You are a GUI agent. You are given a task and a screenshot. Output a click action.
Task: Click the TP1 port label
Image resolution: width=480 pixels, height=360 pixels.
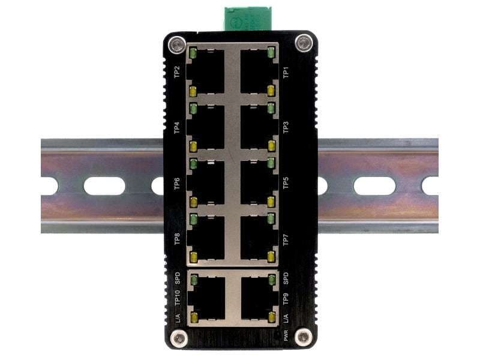pyautogui.click(x=286, y=73)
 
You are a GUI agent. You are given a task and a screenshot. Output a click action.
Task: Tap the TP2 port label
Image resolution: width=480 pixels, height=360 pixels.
pyautogui.click(x=176, y=73)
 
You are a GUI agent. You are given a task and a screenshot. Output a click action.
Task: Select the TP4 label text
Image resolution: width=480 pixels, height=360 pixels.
pyautogui.click(x=176, y=127)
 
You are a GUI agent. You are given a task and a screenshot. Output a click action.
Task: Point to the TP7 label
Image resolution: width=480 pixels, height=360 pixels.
pyautogui.click(x=286, y=239)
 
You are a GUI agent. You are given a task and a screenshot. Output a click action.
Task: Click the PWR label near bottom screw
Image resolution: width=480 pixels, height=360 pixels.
pyautogui.click(x=286, y=335)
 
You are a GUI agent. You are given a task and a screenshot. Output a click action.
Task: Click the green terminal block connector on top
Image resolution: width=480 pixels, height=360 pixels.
pyautogui.click(x=247, y=18)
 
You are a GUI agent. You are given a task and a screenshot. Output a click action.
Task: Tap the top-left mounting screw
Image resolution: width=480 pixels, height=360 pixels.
pyautogui.click(x=176, y=44)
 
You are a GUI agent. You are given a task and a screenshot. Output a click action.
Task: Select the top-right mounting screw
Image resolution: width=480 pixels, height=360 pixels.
pyautogui.click(x=303, y=43)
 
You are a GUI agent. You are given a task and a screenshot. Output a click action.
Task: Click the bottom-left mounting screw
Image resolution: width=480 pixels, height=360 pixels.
pyautogui.click(x=178, y=338)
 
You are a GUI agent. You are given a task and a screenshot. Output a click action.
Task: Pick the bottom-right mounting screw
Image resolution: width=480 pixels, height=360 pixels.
pyautogui.click(x=304, y=338)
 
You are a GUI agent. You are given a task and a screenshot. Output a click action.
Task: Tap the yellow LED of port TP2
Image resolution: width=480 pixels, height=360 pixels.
pyautogui.click(x=193, y=91)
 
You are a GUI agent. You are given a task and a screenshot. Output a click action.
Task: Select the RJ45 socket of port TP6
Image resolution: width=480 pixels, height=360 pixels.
pyautogui.click(x=207, y=182)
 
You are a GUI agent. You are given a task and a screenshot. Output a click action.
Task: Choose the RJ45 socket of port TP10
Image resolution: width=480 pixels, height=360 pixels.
pyautogui.click(x=207, y=298)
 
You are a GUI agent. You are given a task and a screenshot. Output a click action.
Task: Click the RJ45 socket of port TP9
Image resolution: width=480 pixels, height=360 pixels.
pyautogui.click(x=258, y=298)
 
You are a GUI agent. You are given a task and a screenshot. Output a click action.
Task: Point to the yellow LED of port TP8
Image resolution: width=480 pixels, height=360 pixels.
pyautogui.click(x=193, y=257)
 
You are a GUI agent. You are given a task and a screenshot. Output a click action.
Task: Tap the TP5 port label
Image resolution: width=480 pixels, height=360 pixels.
pyautogui.click(x=286, y=182)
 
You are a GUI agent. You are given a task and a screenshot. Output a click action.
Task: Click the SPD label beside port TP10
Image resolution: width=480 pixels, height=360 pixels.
pyautogui.click(x=176, y=278)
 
